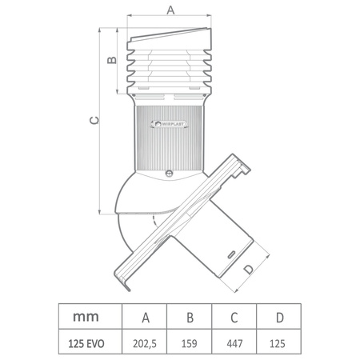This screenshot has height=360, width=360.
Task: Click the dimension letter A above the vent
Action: tap(170, 9)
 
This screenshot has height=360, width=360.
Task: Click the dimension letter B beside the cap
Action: tap(113, 60)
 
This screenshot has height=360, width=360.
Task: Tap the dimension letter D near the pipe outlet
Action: tap(249, 270)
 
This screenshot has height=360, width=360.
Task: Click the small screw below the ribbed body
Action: tap(169, 172)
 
